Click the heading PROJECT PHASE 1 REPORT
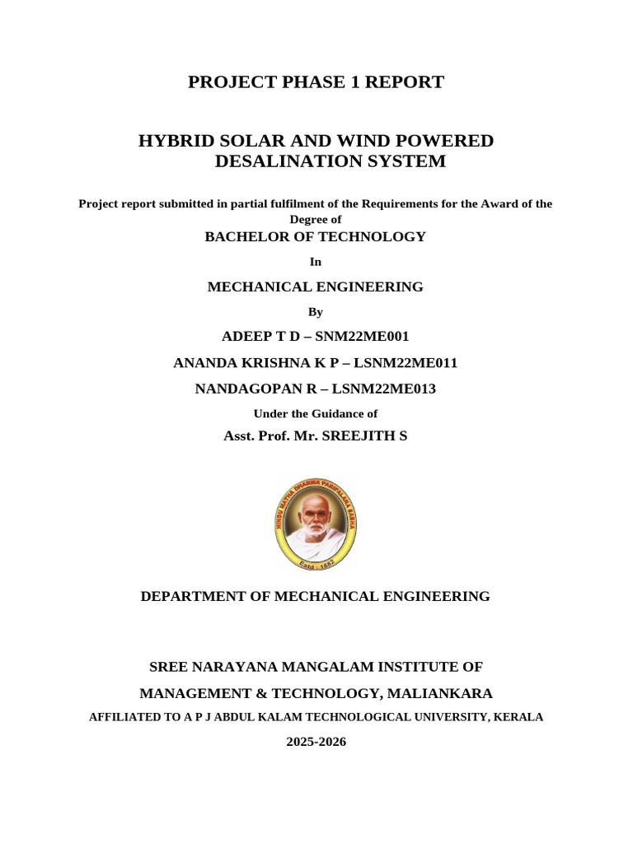[316, 82]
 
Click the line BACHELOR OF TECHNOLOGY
[315, 237]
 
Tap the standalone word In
[315, 262]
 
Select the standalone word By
[316, 312]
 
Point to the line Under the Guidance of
[315, 414]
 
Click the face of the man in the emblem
[314, 514]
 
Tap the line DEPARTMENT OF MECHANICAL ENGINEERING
[315, 596]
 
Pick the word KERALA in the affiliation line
[519, 717]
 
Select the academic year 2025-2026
[316, 742]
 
